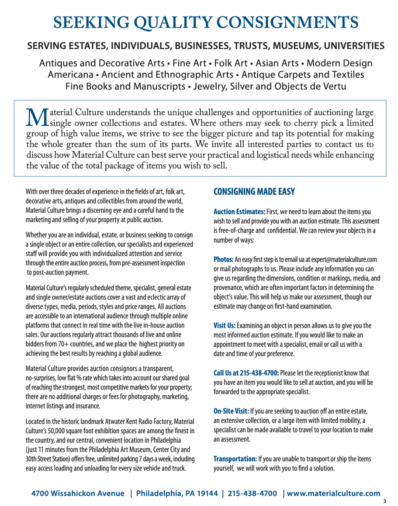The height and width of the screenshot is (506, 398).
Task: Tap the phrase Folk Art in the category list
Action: pyautogui.click(x=231, y=63)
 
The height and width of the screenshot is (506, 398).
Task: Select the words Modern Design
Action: pyautogui.click(x=339, y=63)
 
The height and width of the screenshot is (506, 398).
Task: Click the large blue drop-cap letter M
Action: pyautogui.click(x=37, y=118)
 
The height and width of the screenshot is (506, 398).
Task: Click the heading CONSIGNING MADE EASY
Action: pyautogui.click(x=254, y=191)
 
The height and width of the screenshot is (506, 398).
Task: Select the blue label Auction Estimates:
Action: pyautogui.click(x=239, y=212)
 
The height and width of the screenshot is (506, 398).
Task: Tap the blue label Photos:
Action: pyautogui.click(x=223, y=260)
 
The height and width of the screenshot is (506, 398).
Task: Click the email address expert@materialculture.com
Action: pyautogui.click(x=344, y=260)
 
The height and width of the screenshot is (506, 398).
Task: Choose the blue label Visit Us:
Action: pyautogui.click(x=224, y=326)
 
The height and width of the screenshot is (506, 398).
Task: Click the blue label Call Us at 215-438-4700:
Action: pyautogui.click(x=246, y=373)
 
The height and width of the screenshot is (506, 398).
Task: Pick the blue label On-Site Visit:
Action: pyautogui.click(x=231, y=411)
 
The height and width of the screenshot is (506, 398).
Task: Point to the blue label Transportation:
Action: pyautogui.click(x=235, y=459)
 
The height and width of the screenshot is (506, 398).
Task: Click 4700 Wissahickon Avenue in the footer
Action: pyautogui.click(x=78, y=493)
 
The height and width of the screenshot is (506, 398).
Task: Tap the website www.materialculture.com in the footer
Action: pyautogui.click(x=333, y=493)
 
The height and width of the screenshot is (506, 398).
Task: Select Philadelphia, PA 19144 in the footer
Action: pyautogui.click(x=177, y=493)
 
